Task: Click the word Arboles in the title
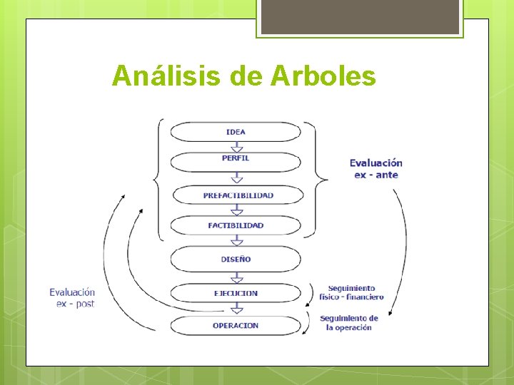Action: click(x=323, y=76)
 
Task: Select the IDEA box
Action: click(x=236, y=132)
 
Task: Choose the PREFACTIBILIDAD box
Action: click(x=238, y=195)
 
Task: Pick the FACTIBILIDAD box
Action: click(x=236, y=225)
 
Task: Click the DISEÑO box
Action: click(x=236, y=260)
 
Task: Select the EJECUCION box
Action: click(x=236, y=293)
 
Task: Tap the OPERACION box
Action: click(x=236, y=326)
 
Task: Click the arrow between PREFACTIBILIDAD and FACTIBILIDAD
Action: click(x=236, y=210)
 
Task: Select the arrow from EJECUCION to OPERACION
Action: click(x=236, y=309)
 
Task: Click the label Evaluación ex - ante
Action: click(x=376, y=169)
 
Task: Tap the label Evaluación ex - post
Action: click(x=72, y=297)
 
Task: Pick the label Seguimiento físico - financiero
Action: click(x=356, y=292)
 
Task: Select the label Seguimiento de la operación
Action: click(x=349, y=323)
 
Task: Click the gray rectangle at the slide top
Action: click(x=360, y=17)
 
